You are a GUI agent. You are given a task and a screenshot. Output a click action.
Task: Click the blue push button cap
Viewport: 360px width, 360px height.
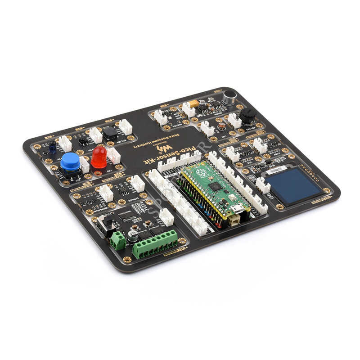70,161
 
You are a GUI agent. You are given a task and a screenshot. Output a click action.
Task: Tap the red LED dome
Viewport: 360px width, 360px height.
99,155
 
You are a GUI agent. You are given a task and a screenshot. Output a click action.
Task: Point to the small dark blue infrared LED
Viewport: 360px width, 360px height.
52,146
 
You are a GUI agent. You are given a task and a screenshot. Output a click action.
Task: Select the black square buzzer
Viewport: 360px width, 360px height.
110,132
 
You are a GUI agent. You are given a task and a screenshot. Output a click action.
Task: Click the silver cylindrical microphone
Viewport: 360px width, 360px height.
229,97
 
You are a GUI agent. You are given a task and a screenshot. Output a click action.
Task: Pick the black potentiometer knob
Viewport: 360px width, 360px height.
247,116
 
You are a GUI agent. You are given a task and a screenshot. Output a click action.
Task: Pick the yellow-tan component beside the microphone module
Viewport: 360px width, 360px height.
194,103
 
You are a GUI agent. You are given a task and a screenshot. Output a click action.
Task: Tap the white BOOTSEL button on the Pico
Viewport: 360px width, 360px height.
234,219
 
